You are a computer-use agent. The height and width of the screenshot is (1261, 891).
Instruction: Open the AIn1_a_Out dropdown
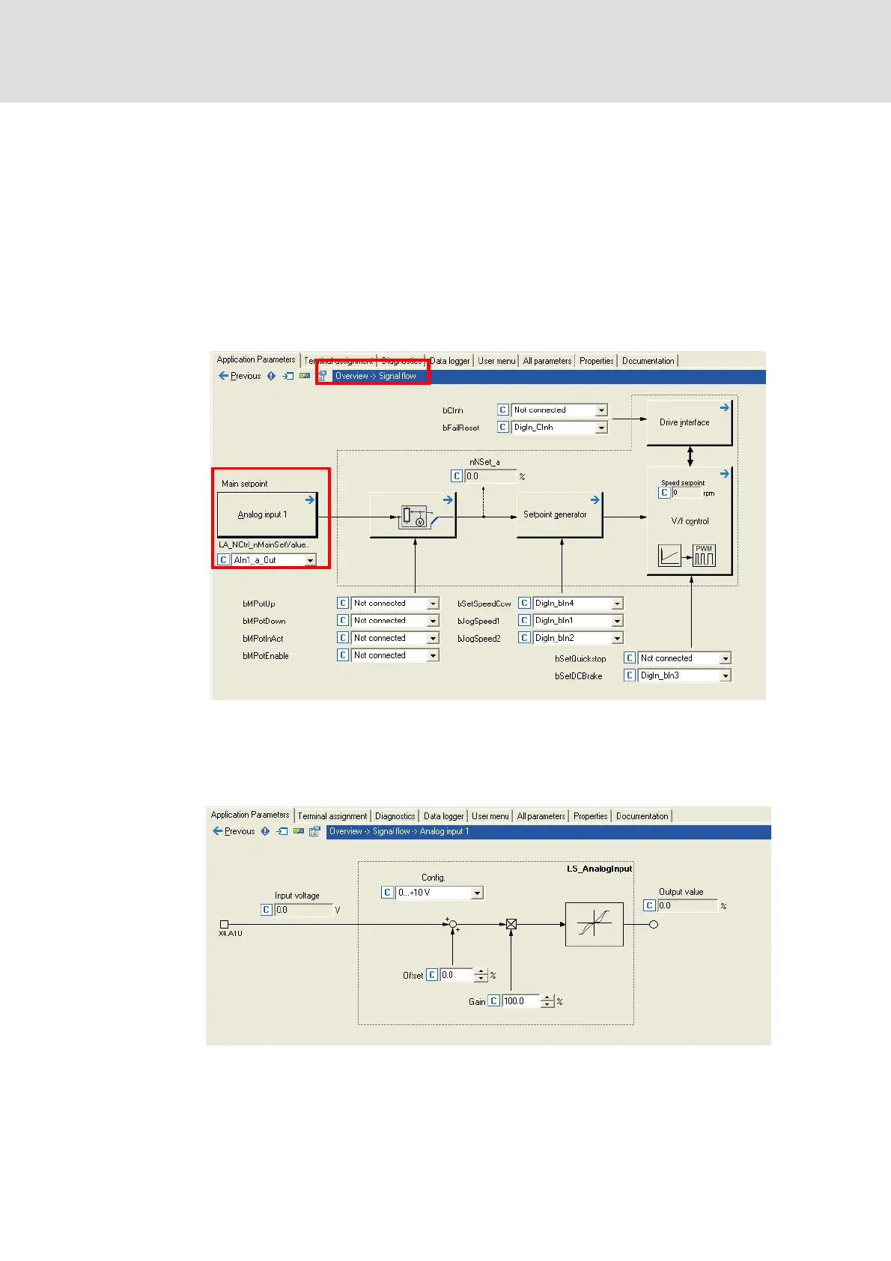(273, 560)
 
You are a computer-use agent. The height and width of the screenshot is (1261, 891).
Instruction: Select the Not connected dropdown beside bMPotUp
(394, 604)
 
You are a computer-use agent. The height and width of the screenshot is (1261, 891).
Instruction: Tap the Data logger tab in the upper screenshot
(449, 361)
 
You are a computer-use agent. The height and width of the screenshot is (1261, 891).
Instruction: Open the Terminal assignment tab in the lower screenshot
(332, 816)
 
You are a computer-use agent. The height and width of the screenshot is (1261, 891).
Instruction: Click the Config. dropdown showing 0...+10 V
(440, 893)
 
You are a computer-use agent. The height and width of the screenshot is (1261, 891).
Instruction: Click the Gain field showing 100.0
(521, 1001)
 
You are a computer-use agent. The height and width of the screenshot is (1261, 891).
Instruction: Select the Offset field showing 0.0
(457, 975)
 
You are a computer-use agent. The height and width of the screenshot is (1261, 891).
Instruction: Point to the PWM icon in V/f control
(704, 555)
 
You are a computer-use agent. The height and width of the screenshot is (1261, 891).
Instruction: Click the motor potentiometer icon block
(413, 515)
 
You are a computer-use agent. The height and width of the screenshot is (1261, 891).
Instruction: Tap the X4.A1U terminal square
(224, 924)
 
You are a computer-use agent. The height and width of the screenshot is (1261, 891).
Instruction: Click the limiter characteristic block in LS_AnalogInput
(594, 924)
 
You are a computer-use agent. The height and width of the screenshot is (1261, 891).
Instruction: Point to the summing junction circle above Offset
(452, 924)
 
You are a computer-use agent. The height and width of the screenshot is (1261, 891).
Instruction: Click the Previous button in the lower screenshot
(234, 831)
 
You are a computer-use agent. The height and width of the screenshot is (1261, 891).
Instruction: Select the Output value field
(687, 906)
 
